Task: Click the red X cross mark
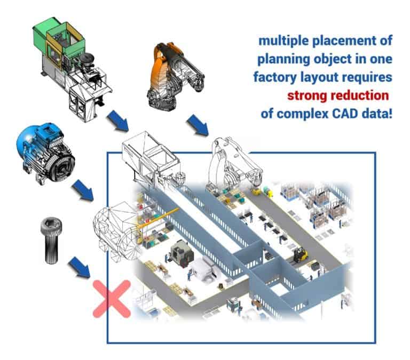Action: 112,299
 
